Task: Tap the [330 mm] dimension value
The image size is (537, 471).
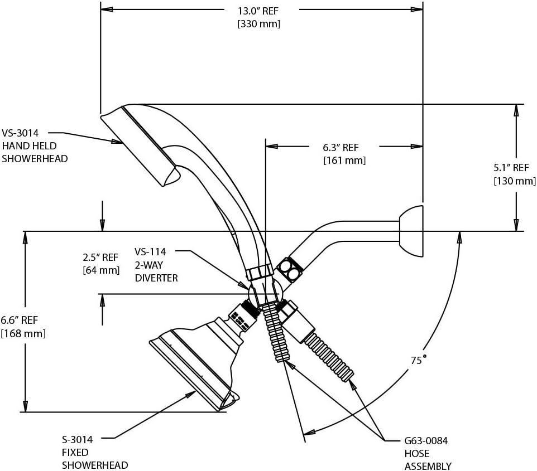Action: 258,24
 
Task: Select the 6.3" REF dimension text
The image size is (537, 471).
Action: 340,148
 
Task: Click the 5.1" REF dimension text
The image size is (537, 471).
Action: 511,167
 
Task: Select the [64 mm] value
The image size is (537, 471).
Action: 101,271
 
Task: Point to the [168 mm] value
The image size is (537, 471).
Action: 23,333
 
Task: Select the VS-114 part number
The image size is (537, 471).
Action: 150,252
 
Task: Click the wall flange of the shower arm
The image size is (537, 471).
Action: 411,231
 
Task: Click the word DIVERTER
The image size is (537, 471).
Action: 156,278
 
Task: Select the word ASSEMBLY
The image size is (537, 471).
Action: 428,466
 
